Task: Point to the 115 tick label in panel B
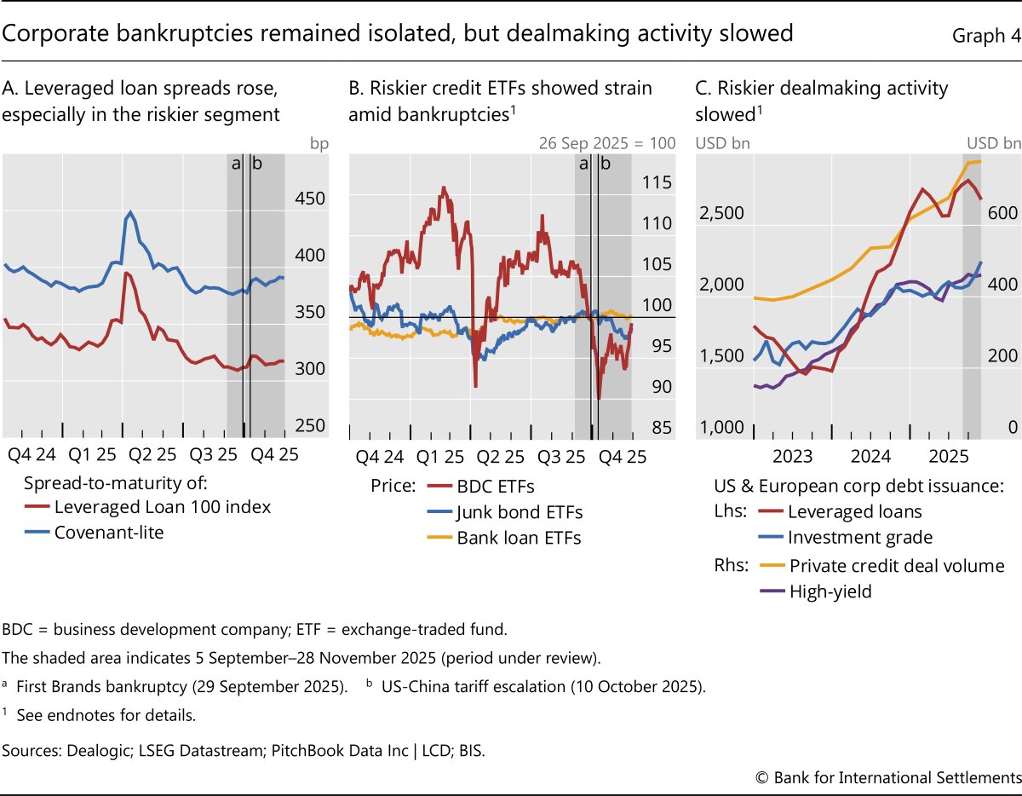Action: click(x=657, y=182)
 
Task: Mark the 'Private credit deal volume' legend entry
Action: click(x=896, y=566)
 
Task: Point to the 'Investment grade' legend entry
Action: click(x=859, y=538)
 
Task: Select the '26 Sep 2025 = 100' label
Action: click(x=606, y=142)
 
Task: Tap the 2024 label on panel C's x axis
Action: click(x=871, y=457)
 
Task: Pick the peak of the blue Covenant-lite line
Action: click(x=130, y=212)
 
